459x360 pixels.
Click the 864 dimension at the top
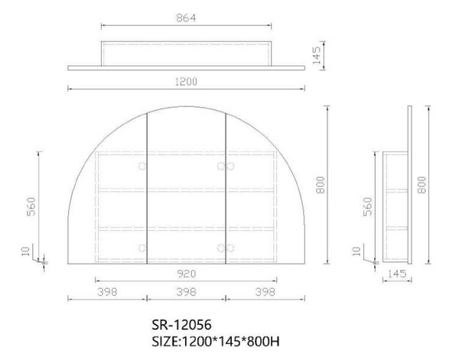coord(186,18)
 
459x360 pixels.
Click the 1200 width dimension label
coord(186,82)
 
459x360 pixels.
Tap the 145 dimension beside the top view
coord(317,55)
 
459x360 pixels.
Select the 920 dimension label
coord(186,274)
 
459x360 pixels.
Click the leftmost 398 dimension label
coord(107,292)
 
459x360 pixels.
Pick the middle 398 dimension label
coord(186,292)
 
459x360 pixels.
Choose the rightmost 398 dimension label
coord(265,292)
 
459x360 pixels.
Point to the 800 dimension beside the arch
coord(321,185)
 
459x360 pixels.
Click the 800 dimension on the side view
coord(422,185)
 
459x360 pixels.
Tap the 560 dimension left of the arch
coord(31,207)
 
